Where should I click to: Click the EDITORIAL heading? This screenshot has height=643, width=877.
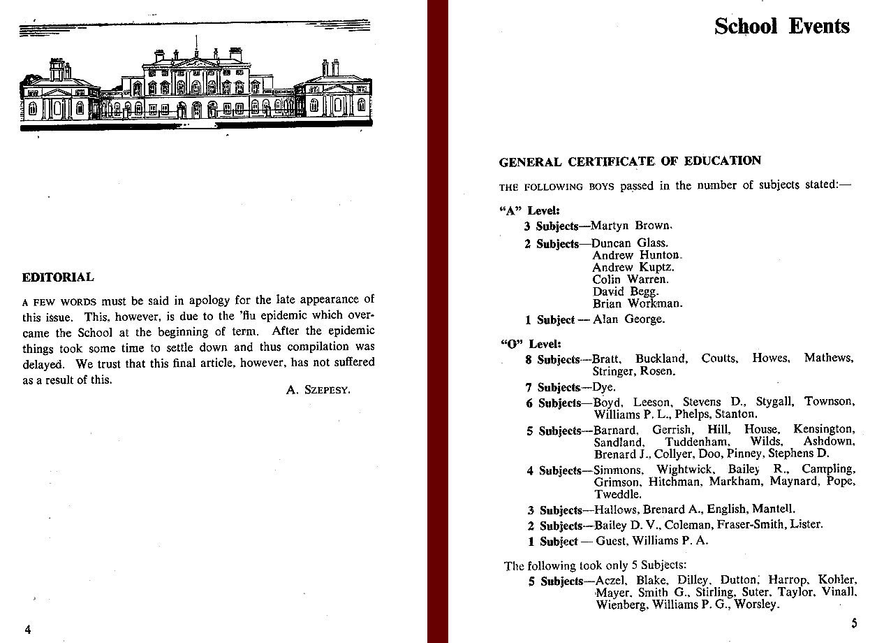(58, 277)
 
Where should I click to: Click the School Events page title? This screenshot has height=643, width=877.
(781, 27)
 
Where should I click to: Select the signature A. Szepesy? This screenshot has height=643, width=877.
(318, 390)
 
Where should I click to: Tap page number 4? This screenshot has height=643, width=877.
(28, 629)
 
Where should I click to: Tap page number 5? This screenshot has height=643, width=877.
(853, 623)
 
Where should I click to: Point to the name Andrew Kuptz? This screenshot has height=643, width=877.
(633, 267)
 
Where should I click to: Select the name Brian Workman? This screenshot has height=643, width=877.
(638, 303)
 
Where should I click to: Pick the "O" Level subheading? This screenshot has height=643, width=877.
(531, 344)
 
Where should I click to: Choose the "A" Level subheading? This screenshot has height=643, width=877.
(531, 210)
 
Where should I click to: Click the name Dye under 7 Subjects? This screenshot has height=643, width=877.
(605, 386)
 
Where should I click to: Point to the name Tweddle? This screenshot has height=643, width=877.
(617, 494)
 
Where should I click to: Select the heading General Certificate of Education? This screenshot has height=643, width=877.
(630, 161)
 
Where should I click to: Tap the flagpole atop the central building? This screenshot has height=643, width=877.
(197, 48)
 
